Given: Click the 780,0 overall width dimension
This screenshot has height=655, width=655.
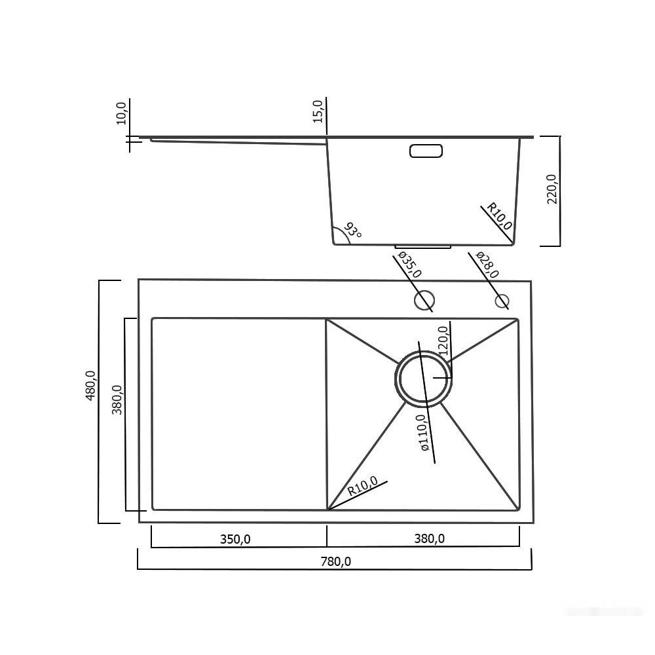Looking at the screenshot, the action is point(335,561).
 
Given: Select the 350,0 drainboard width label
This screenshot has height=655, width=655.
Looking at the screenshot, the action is point(235,539).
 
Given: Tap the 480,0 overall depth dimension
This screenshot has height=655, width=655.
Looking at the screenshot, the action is point(90,386).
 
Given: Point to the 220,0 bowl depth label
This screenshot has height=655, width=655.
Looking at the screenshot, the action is point(552,189).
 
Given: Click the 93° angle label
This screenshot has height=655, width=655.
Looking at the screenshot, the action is point(352,231).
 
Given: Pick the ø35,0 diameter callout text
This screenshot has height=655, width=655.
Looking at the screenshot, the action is point(409,265).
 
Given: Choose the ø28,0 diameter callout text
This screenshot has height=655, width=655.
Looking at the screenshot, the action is point(487,265).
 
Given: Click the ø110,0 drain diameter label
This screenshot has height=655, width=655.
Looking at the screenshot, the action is point(422,432).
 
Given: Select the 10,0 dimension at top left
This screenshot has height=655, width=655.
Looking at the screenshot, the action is point(121,113).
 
